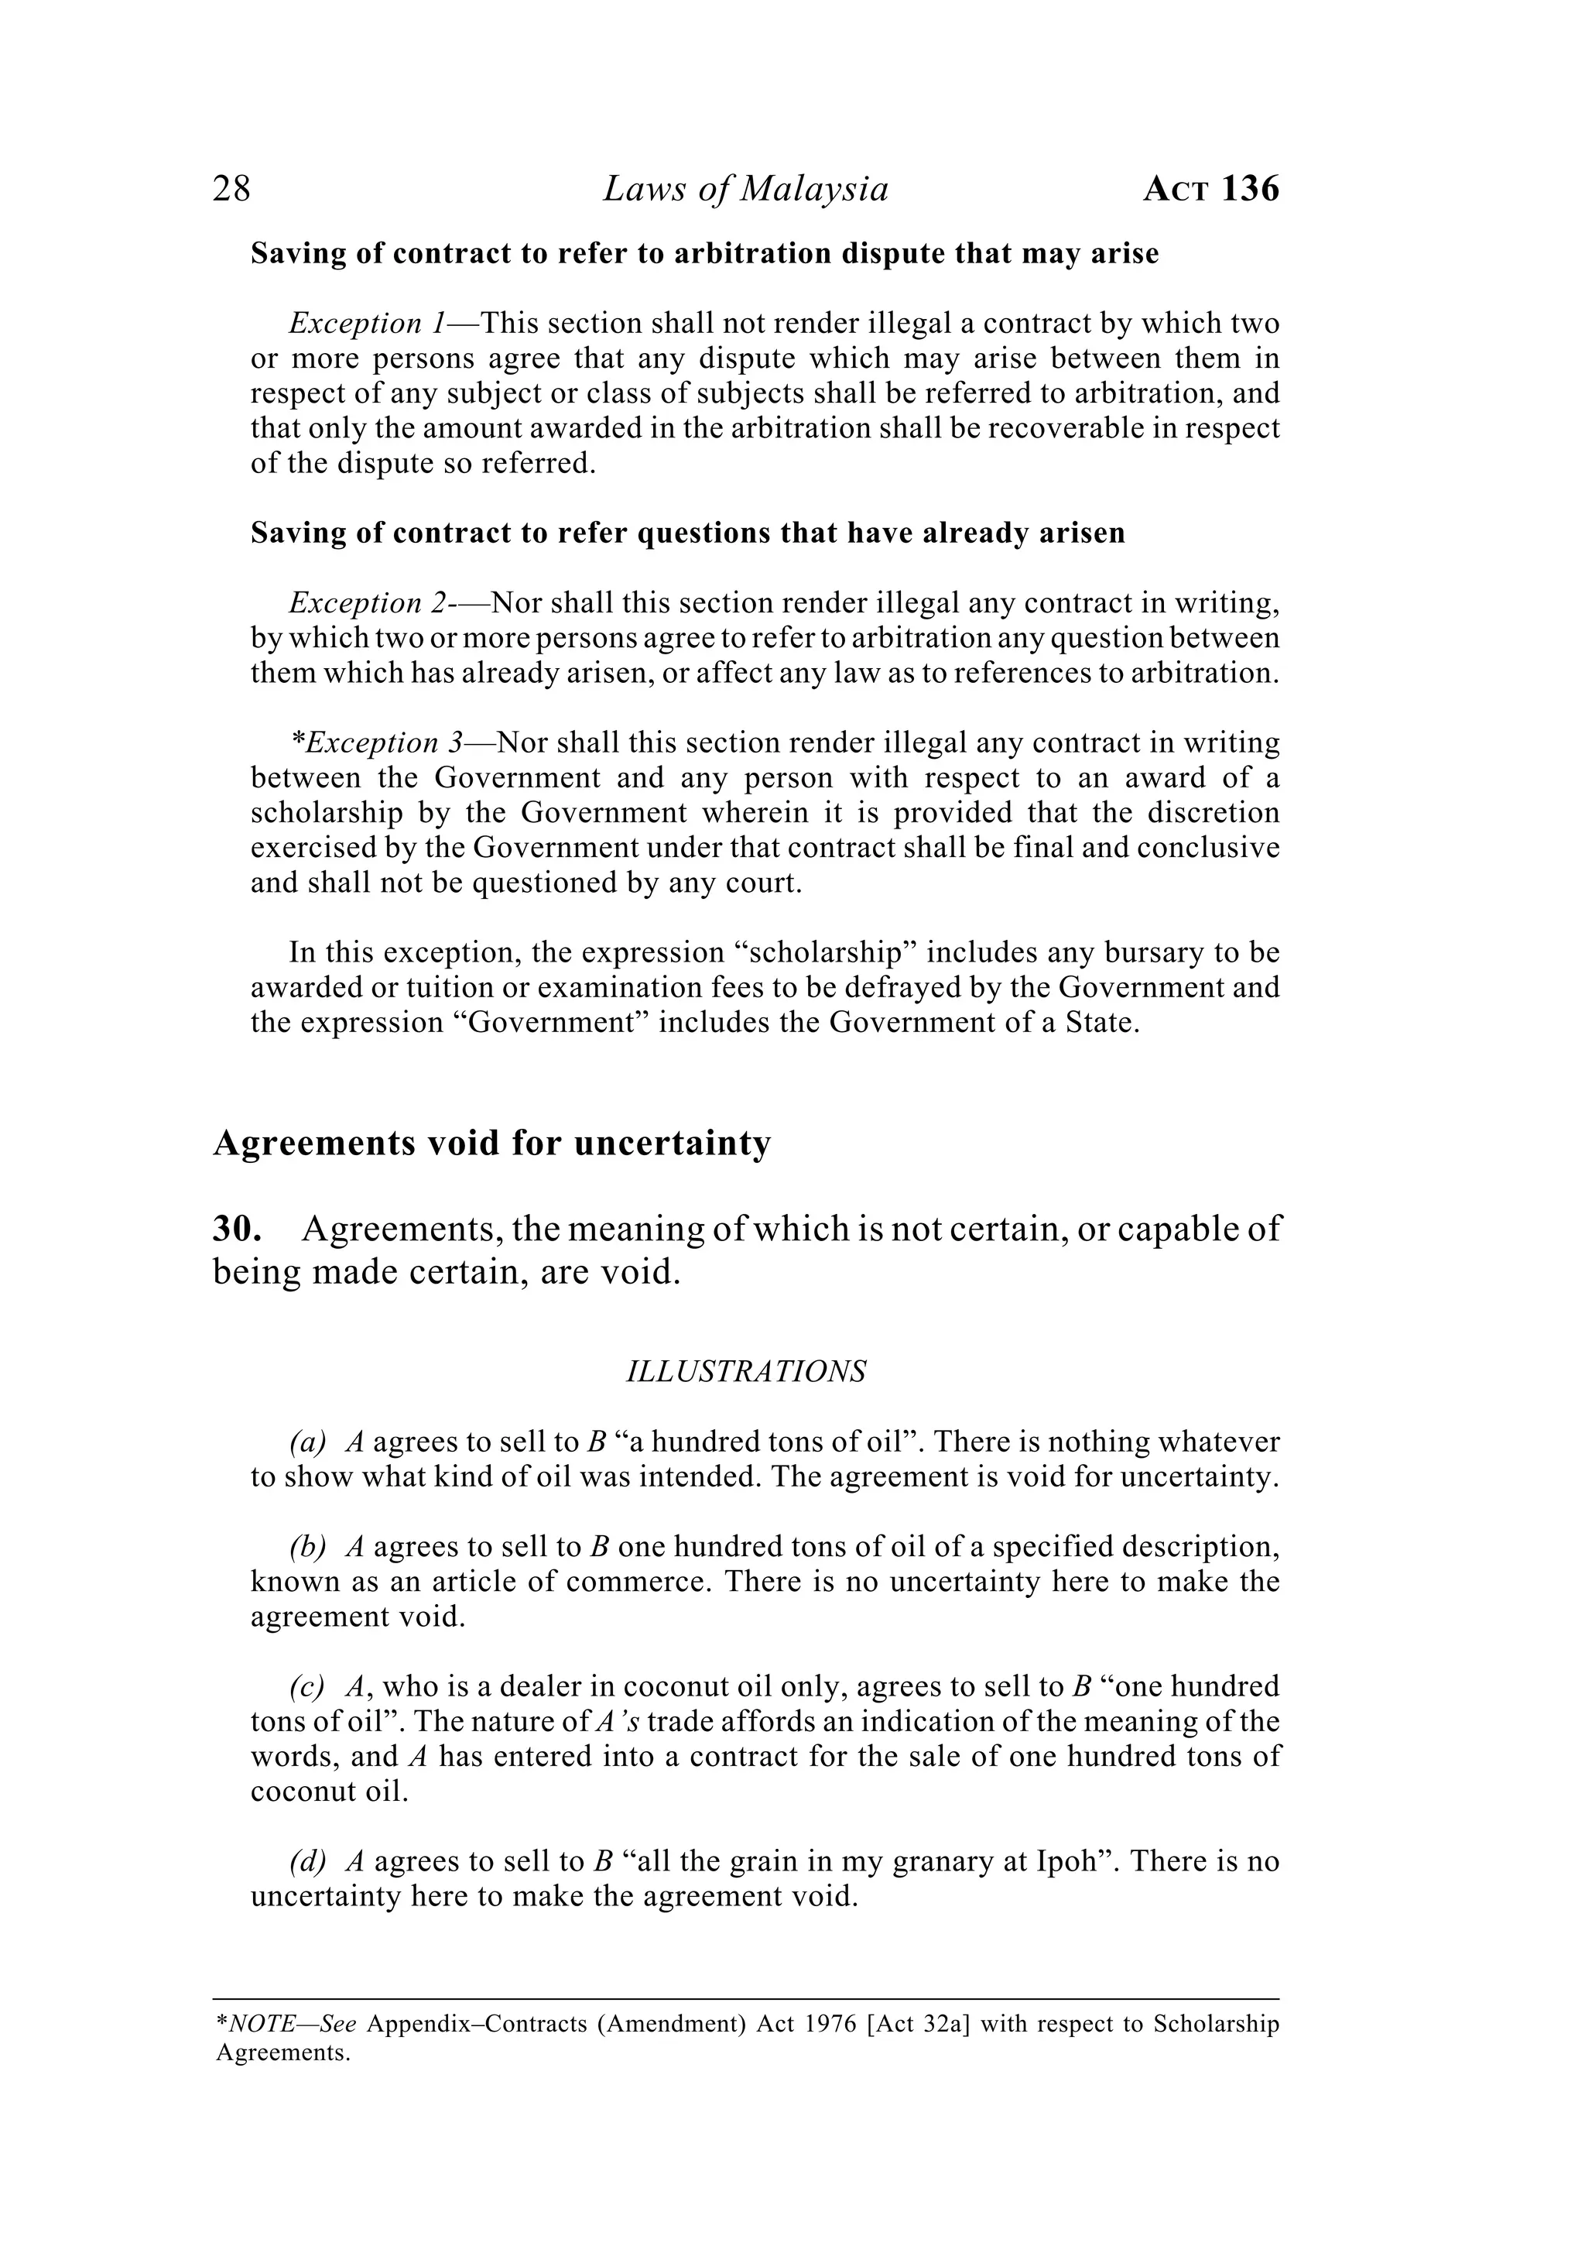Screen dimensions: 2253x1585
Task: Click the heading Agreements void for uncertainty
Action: pos(491,1144)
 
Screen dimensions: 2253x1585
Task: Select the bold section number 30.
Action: pos(236,1229)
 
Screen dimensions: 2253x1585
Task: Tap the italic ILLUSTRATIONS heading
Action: pos(745,1372)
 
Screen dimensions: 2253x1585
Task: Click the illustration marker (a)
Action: pos(307,1442)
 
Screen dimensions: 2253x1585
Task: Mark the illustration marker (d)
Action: pos(307,1861)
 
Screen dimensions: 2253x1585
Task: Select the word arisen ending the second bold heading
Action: pos(1079,533)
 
